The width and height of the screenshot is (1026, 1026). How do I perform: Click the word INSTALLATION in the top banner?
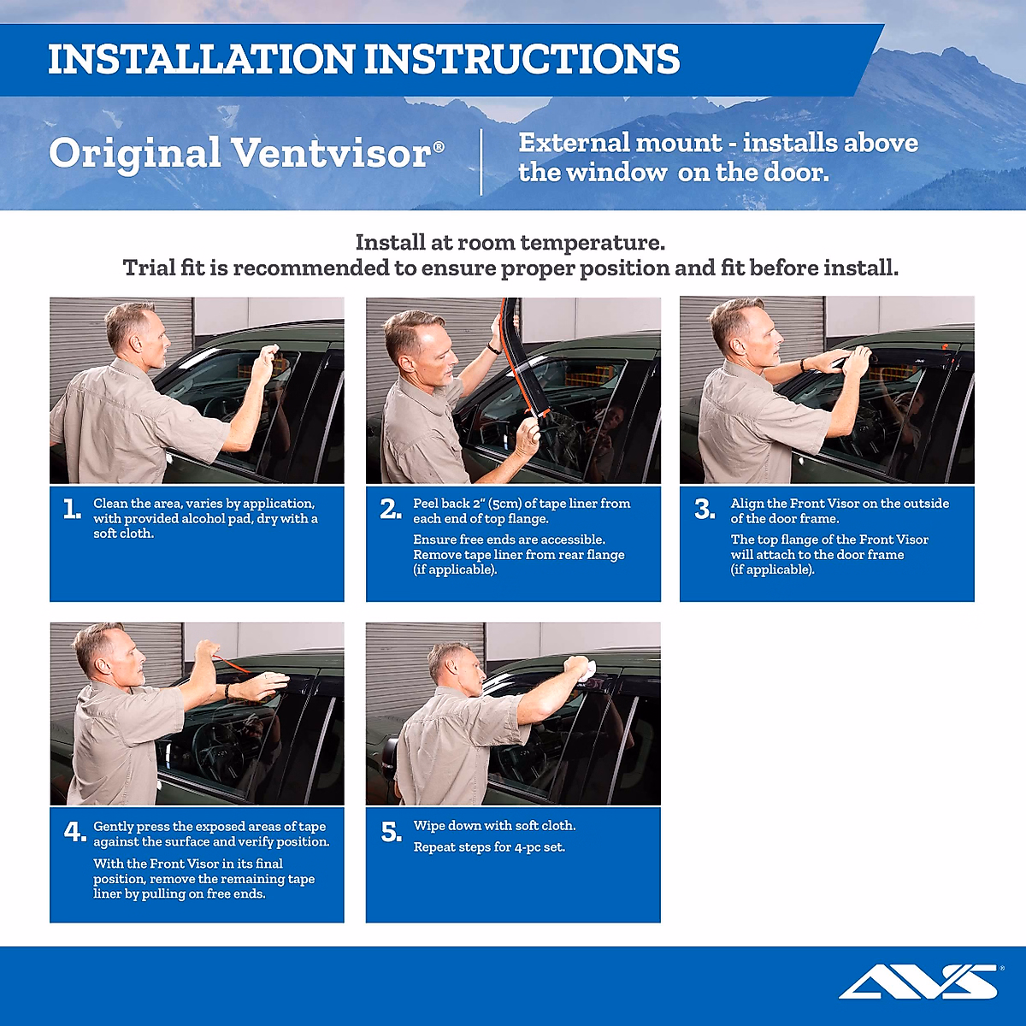click(x=201, y=60)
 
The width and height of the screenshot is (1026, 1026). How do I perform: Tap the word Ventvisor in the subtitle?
click(x=332, y=154)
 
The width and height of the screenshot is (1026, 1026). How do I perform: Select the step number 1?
click(x=72, y=510)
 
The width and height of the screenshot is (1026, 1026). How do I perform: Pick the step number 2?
click(x=390, y=510)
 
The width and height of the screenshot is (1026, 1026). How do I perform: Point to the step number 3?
click(x=704, y=510)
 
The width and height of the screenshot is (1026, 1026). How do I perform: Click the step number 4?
click(x=74, y=832)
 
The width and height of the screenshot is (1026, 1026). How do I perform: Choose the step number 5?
click(x=391, y=832)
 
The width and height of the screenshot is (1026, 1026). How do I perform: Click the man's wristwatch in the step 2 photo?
click(x=493, y=348)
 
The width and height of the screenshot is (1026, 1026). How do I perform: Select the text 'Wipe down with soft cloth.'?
click(x=494, y=826)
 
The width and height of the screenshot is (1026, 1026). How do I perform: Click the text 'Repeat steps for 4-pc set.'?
click(x=489, y=847)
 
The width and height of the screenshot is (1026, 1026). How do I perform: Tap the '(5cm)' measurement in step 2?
click(x=504, y=504)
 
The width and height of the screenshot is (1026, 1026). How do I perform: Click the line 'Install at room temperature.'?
click(x=510, y=243)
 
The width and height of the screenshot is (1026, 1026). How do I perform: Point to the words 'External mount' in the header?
click(x=621, y=143)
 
